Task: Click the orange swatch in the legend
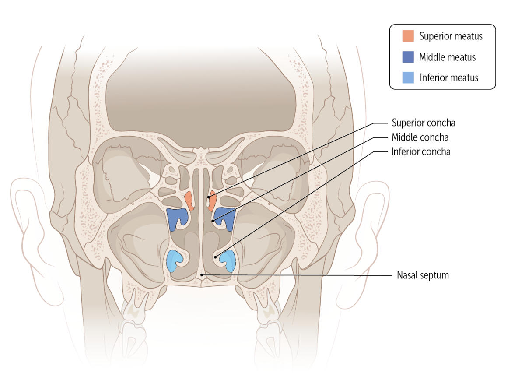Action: click(x=408, y=36)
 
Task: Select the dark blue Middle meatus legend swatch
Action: click(x=408, y=57)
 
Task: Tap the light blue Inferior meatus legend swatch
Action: click(x=408, y=77)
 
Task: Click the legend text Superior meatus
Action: click(x=451, y=36)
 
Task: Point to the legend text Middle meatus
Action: click(x=447, y=57)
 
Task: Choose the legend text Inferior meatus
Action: click(x=449, y=78)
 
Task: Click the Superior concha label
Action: click(x=420, y=123)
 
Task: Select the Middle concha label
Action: click(x=420, y=137)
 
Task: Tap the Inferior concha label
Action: click(x=420, y=152)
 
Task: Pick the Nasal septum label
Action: click(x=423, y=275)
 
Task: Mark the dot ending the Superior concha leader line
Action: click(x=208, y=197)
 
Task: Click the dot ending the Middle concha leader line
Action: click(x=213, y=221)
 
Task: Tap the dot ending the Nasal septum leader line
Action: click(x=201, y=274)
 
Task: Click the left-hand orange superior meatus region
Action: click(x=189, y=200)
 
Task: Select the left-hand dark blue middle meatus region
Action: click(x=176, y=218)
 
